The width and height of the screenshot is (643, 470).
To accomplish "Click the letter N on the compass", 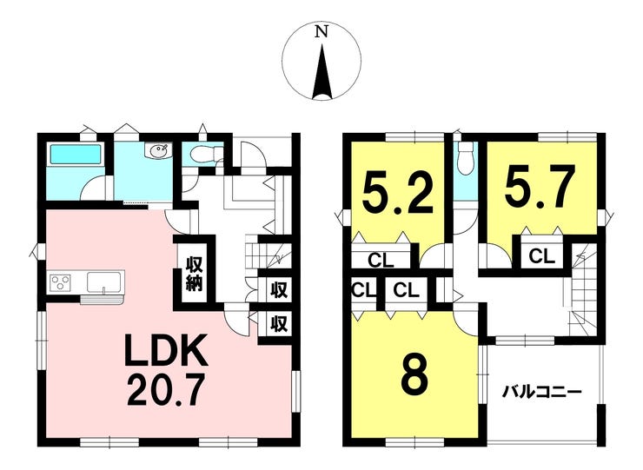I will click(321, 32).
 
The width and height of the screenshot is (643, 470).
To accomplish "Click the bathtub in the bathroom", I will click(76, 156).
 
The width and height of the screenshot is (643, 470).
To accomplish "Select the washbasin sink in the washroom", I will click(158, 153).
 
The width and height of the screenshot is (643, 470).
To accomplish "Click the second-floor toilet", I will click(465, 157).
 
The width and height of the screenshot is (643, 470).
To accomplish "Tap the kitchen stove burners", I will click(61, 281).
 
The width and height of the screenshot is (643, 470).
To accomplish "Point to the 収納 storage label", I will click(193, 275).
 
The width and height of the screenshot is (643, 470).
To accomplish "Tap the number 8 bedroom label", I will click(414, 378).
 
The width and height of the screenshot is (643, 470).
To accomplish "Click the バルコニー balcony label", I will click(540, 390).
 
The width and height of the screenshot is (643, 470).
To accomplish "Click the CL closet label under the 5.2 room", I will click(380, 259).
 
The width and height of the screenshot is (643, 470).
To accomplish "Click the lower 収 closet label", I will click(278, 324).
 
